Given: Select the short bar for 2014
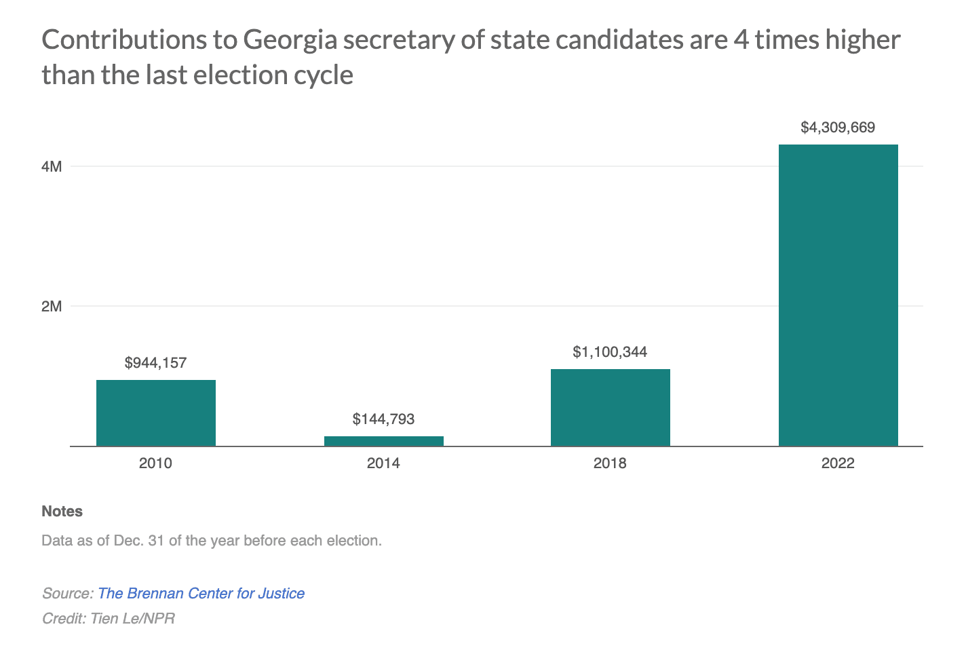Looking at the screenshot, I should pyautogui.click(x=383, y=441).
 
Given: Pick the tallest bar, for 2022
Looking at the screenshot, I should pyautogui.click(x=838, y=295).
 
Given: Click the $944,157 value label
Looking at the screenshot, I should pyautogui.click(x=155, y=363).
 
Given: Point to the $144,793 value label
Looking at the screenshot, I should pyautogui.click(x=383, y=419).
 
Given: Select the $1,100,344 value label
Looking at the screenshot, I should pyautogui.click(x=610, y=352).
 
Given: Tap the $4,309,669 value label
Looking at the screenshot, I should pyautogui.click(x=838, y=128).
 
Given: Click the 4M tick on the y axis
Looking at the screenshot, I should pyautogui.click(x=52, y=166).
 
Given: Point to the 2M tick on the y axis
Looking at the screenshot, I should pyautogui.click(x=52, y=306).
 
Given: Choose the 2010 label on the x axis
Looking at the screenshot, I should pyautogui.click(x=155, y=463).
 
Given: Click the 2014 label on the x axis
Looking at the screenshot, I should pyautogui.click(x=383, y=463).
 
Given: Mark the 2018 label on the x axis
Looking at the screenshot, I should pyautogui.click(x=610, y=463).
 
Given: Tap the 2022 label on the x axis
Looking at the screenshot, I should pyautogui.click(x=838, y=463).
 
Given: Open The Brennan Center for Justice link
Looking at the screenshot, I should pyautogui.click(x=201, y=593).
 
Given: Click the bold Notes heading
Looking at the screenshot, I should pyautogui.click(x=62, y=512).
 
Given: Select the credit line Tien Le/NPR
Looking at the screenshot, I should pyautogui.click(x=109, y=618).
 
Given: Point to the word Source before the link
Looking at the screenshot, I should pyautogui.click(x=66, y=593).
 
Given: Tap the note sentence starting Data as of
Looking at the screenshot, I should pyautogui.click(x=212, y=541).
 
